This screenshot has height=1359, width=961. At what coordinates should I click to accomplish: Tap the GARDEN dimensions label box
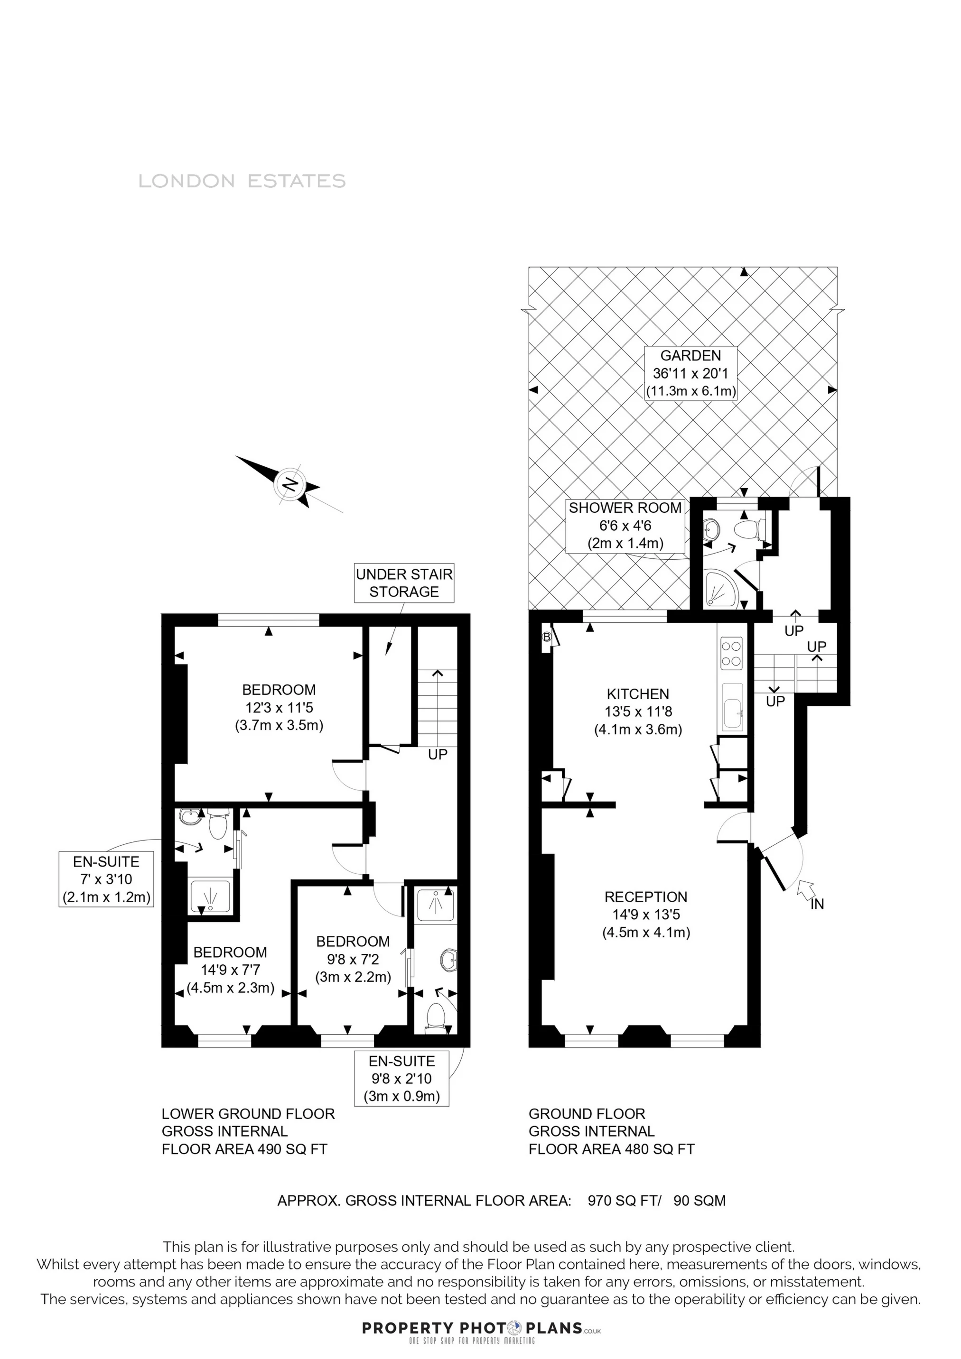[690, 373]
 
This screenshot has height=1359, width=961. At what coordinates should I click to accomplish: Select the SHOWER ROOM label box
[625, 525]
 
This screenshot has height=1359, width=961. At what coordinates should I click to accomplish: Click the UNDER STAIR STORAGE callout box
[404, 582]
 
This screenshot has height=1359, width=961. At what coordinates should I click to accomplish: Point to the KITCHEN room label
[638, 712]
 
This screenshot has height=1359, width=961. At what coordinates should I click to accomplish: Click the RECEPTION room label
[646, 915]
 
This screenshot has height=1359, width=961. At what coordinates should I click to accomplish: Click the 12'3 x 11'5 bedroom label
[279, 707]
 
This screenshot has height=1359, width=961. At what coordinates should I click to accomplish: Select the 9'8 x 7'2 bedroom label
[353, 959]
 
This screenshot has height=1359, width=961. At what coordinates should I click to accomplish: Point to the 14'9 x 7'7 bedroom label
[230, 970]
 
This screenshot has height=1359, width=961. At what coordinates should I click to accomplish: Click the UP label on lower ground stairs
[438, 755]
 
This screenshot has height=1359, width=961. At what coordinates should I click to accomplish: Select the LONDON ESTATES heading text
[242, 181]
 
